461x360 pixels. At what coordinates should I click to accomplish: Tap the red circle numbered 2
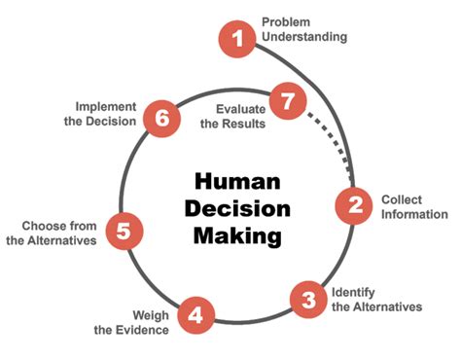pos(355,204)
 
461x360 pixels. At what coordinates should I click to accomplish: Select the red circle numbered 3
pos(308,298)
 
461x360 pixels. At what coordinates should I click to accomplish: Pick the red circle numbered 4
pos(195,315)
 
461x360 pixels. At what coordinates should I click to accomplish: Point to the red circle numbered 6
pos(162,118)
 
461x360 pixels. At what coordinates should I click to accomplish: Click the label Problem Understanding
pos(302,29)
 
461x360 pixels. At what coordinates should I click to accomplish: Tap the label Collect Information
pos(413,205)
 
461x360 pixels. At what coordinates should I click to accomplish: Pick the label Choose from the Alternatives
pos(51,232)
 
